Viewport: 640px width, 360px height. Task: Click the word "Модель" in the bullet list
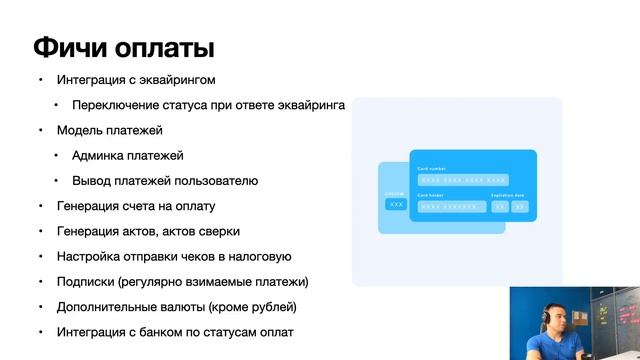click(79, 130)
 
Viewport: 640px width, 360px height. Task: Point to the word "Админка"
click(99, 156)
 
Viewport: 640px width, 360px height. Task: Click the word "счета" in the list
click(143, 206)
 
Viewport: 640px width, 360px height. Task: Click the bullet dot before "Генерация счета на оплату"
click(41, 206)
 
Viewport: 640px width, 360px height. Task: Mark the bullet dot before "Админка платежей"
click(57, 156)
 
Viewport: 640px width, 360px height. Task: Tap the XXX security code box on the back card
click(396, 204)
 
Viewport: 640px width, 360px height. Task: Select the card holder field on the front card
click(451, 207)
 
